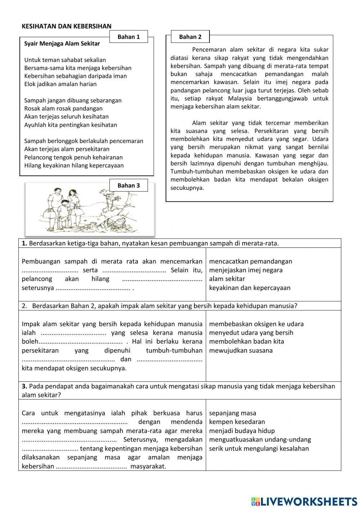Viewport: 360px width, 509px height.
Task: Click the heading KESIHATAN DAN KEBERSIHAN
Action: tap(67, 26)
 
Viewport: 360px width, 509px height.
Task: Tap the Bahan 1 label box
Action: tap(129, 37)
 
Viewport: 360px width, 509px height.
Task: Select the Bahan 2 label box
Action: tap(190, 37)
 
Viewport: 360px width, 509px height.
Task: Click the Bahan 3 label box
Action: tap(129, 186)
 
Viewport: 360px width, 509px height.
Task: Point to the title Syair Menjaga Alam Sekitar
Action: tap(62, 44)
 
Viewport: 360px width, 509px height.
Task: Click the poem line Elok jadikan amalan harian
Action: tap(60, 84)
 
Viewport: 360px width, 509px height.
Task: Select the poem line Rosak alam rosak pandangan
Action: tap(63, 108)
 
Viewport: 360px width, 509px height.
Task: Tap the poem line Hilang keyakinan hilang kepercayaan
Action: tap(74, 166)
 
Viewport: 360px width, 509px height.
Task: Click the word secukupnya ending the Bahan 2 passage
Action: tap(187, 188)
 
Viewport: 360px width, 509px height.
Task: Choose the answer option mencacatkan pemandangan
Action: tap(251, 262)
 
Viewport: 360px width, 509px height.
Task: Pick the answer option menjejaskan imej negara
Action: tap(246, 270)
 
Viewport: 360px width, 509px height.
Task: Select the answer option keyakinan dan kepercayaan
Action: tap(250, 288)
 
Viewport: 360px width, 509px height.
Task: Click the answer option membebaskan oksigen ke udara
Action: tap(256, 324)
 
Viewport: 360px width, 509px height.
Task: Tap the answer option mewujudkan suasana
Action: tap(241, 351)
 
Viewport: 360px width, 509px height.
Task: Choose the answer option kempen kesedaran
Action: tap(237, 422)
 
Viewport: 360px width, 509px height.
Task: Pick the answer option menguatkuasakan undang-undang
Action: tap(260, 439)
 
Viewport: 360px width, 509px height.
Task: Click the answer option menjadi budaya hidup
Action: tap(242, 431)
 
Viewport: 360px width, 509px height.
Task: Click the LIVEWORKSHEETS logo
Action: tap(304, 501)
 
